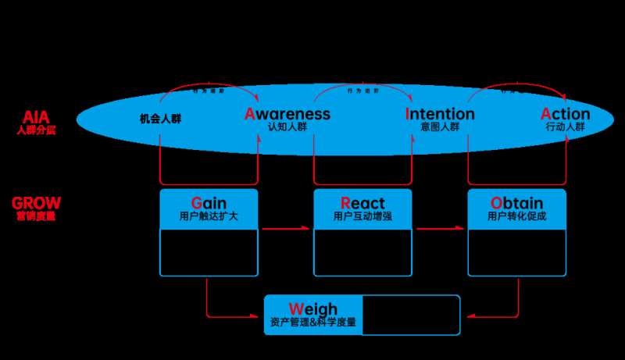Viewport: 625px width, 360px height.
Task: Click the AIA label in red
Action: [36, 117]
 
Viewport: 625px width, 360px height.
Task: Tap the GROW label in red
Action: [36, 203]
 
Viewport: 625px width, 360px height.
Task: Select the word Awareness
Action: [287, 114]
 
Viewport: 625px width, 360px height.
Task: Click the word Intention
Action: [440, 114]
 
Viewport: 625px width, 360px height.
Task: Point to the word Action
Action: [565, 114]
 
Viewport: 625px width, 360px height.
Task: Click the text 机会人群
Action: [160, 119]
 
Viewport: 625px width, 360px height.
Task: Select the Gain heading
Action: [209, 203]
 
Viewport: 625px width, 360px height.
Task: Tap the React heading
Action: [362, 203]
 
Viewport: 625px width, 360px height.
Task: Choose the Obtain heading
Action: [516, 203]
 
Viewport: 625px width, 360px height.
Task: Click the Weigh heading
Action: [312, 309]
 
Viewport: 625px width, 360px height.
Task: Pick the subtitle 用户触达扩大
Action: [209, 216]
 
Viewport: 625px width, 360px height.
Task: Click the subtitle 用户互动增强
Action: [362, 216]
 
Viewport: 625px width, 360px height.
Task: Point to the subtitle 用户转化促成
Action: [516, 216]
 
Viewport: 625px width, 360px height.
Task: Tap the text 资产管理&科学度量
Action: [312, 322]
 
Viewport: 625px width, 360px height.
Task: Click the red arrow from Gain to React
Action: [285, 229]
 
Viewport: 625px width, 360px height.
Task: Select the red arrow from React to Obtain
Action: [440, 229]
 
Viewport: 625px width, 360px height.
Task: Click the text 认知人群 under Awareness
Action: [287, 127]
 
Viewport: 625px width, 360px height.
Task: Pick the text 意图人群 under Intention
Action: [440, 127]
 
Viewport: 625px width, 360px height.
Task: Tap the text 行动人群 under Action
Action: [565, 127]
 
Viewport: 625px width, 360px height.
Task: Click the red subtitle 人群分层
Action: [36, 130]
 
